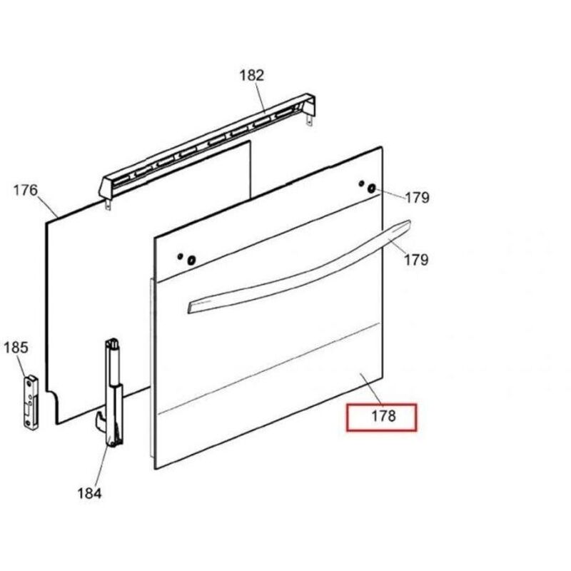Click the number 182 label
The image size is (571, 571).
click(251, 76)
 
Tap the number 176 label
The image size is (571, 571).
click(26, 190)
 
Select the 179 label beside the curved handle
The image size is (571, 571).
click(416, 260)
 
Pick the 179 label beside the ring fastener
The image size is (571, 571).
click(418, 198)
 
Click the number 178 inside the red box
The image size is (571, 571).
click(383, 416)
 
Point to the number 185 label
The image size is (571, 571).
click(16, 348)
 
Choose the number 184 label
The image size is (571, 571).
click(89, 493)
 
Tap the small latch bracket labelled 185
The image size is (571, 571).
click(31, 402)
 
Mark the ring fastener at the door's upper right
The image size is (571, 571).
click(371, 188)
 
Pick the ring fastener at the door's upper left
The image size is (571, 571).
click(191, 261)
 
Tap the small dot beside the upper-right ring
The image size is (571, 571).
click(361, 183)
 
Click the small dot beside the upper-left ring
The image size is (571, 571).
click(180, 256)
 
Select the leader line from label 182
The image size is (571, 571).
click(261, 96)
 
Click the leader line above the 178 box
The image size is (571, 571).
click(371, 389)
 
